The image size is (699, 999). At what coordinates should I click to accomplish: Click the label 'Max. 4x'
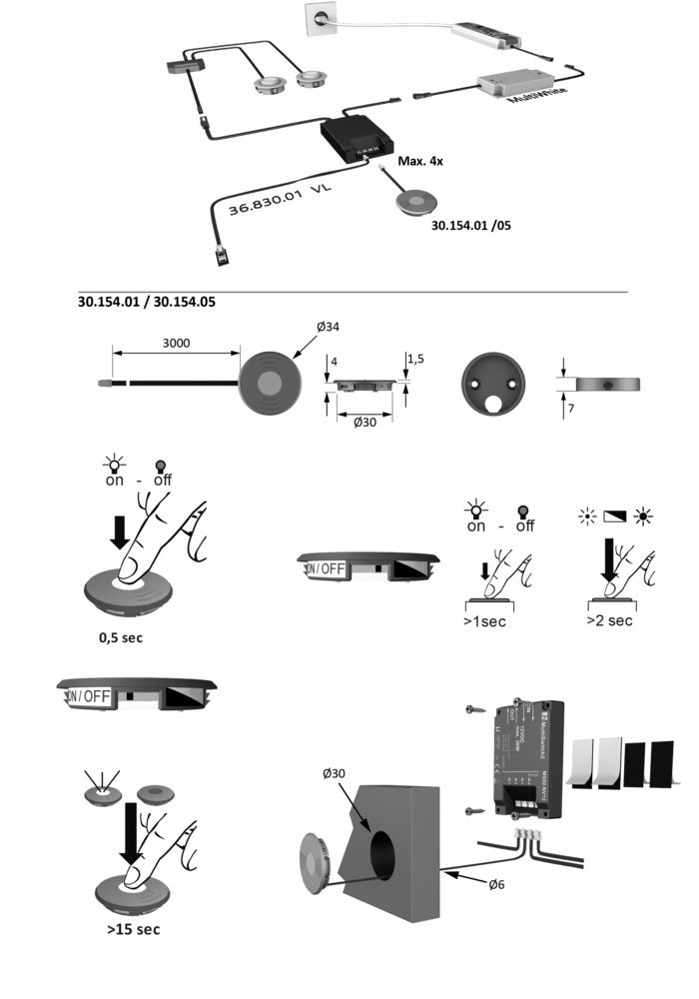[x=421, y=161]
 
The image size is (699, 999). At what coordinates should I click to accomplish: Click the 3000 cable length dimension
[x=176, y=342]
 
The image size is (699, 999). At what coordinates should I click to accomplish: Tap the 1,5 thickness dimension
[x=415, y=357]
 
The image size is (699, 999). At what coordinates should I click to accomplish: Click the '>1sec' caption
[x=486, y=620]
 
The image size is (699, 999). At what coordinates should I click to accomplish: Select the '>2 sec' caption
[x=609, y=620]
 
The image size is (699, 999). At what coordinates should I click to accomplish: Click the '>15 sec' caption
[x=133, y=928]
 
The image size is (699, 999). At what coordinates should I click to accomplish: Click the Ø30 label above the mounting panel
[x=336, y=774]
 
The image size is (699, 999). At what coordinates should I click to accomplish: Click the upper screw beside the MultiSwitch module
[x=474, y=710]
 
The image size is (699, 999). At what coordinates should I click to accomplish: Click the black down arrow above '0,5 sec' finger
[x=119, y=531]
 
